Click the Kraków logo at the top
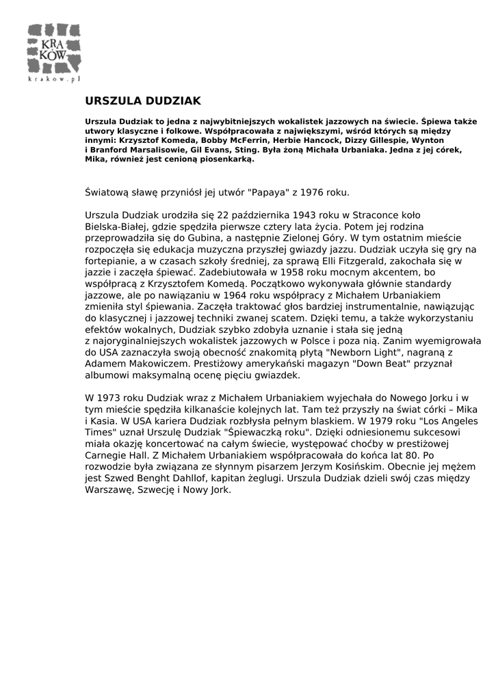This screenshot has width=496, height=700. click(x=54, y=49)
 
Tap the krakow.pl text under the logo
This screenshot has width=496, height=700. click(x=54, y=79)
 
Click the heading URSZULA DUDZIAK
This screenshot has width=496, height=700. click(x=143, y=101)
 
